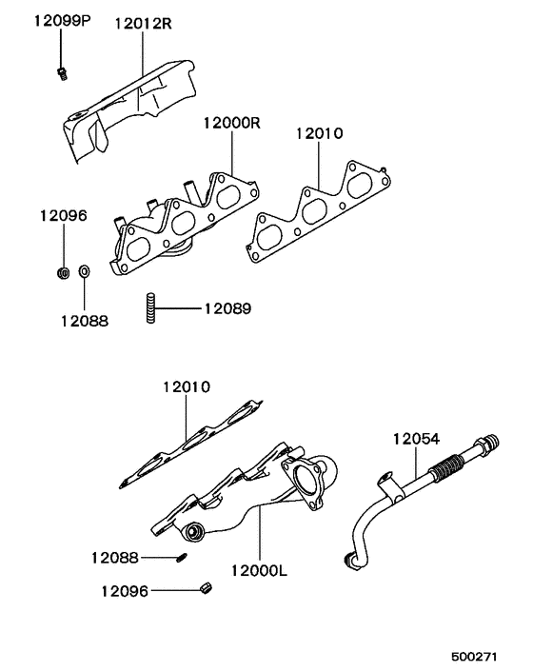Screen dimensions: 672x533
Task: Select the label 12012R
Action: point(144,23)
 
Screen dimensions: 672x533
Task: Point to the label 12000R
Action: point(231,124)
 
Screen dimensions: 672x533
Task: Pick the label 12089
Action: point(227,308)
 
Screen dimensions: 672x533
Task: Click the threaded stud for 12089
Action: point(151,309)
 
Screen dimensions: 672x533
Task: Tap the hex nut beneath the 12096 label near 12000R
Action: point(62,274)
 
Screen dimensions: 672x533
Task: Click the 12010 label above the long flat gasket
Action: point(186,387)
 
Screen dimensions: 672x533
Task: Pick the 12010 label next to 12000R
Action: point(319,134)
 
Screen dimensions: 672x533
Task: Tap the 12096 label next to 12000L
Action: point(125,591)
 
